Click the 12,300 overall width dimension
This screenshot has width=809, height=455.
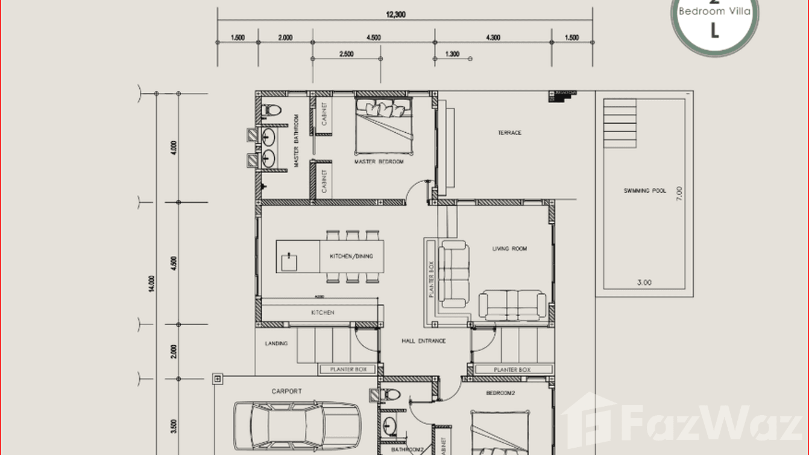(x=396, y=14)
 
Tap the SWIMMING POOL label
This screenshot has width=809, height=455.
(x=644, y=191)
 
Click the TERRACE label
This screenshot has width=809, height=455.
(x=509, y=133)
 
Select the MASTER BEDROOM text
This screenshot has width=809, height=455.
(x=379, y=162)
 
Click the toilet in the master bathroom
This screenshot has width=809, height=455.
(x=272, y=110)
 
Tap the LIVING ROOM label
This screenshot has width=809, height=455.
(x=509, y=249)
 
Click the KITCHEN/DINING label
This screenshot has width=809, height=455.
(x=351, y=256)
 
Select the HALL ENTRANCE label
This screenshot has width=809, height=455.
(x=424, y=341)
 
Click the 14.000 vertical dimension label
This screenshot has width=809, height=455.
(x=151, y=284)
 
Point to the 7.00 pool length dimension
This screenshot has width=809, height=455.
(x=679, y=193)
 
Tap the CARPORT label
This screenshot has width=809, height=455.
(x=286, y=392)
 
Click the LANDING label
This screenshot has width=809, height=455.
(x=276, y=343)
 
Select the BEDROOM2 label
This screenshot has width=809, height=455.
(x=501, y=393)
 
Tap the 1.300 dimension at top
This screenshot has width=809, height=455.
(x=452, y=54)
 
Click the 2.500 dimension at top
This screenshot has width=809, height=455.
(x=346, y=54)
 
